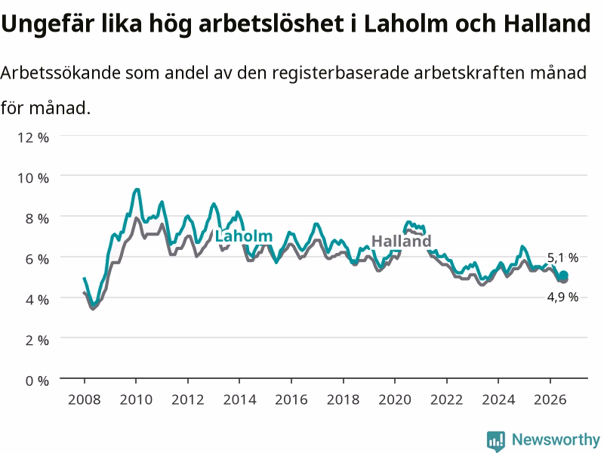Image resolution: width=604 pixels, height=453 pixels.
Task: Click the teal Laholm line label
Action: (x=243, y=236)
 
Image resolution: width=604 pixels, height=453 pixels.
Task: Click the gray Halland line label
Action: (x=401, y=241)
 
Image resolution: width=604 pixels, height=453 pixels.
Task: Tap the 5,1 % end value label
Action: (x=562, y=257)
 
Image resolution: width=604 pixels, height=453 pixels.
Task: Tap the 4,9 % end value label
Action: (x=562, y=297)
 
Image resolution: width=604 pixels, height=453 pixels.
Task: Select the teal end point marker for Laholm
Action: (x=563, y=275)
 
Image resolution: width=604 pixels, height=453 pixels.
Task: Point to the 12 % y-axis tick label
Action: (x=33, y=137)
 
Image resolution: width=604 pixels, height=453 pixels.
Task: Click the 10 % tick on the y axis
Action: (x=33, y=178)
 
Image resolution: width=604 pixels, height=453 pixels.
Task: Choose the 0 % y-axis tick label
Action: (x=37, y=381)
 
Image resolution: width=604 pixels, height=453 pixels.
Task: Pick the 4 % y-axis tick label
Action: (x=37, y=300)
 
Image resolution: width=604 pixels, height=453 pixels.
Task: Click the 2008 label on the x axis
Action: (x=85, y=399)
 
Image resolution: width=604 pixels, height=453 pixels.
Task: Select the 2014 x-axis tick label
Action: (x=239, y=399)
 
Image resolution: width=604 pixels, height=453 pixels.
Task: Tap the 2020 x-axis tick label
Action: (x=395, y=399)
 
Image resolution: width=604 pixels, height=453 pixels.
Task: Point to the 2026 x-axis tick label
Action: (x=550, y=399)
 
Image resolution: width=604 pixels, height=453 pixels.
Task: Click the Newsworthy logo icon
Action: (x=496, y=441)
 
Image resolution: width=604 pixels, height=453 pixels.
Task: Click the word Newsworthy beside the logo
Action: (x=556, y=439)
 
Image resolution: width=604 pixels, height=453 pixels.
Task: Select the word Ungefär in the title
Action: (x=48, y=24)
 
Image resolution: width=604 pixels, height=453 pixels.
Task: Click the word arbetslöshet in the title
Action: (x=271, y=23)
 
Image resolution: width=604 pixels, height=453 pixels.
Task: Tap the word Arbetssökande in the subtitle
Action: (x=60, y=72)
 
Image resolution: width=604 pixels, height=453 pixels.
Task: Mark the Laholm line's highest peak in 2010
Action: (x=137, y=190)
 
